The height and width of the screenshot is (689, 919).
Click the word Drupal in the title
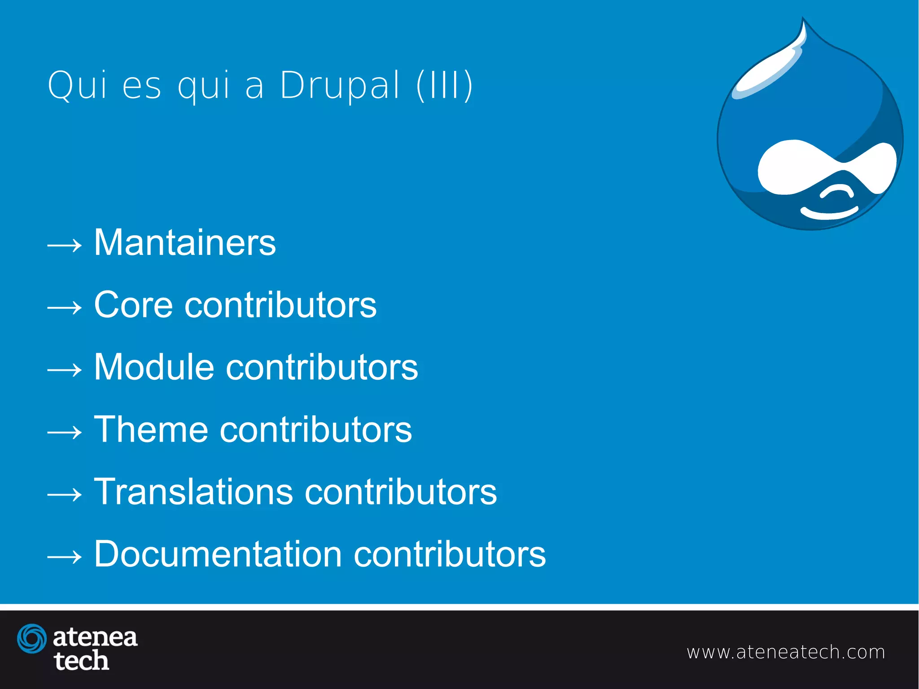(339, 85)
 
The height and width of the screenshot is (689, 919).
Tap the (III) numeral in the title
(444, 85)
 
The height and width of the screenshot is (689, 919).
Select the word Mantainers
(185, 243)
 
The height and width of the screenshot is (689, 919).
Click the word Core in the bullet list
(133, 305)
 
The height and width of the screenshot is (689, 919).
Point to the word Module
(154, 367)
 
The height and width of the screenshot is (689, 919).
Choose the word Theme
(151, 430)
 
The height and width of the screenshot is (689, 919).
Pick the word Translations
(193, 492)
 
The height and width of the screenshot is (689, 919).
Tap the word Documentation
(218, 554)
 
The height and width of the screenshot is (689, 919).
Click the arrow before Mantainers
(65, 245)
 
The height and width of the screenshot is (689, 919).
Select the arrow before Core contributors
(65, 307)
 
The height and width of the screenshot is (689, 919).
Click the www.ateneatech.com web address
(786, 652)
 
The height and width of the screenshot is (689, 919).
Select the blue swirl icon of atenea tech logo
(32, 638)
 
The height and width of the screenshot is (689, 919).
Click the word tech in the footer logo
(81, 661)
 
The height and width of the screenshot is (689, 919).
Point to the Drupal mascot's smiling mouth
(829, 213)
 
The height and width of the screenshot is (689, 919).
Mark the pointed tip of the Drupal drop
(803, 20)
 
